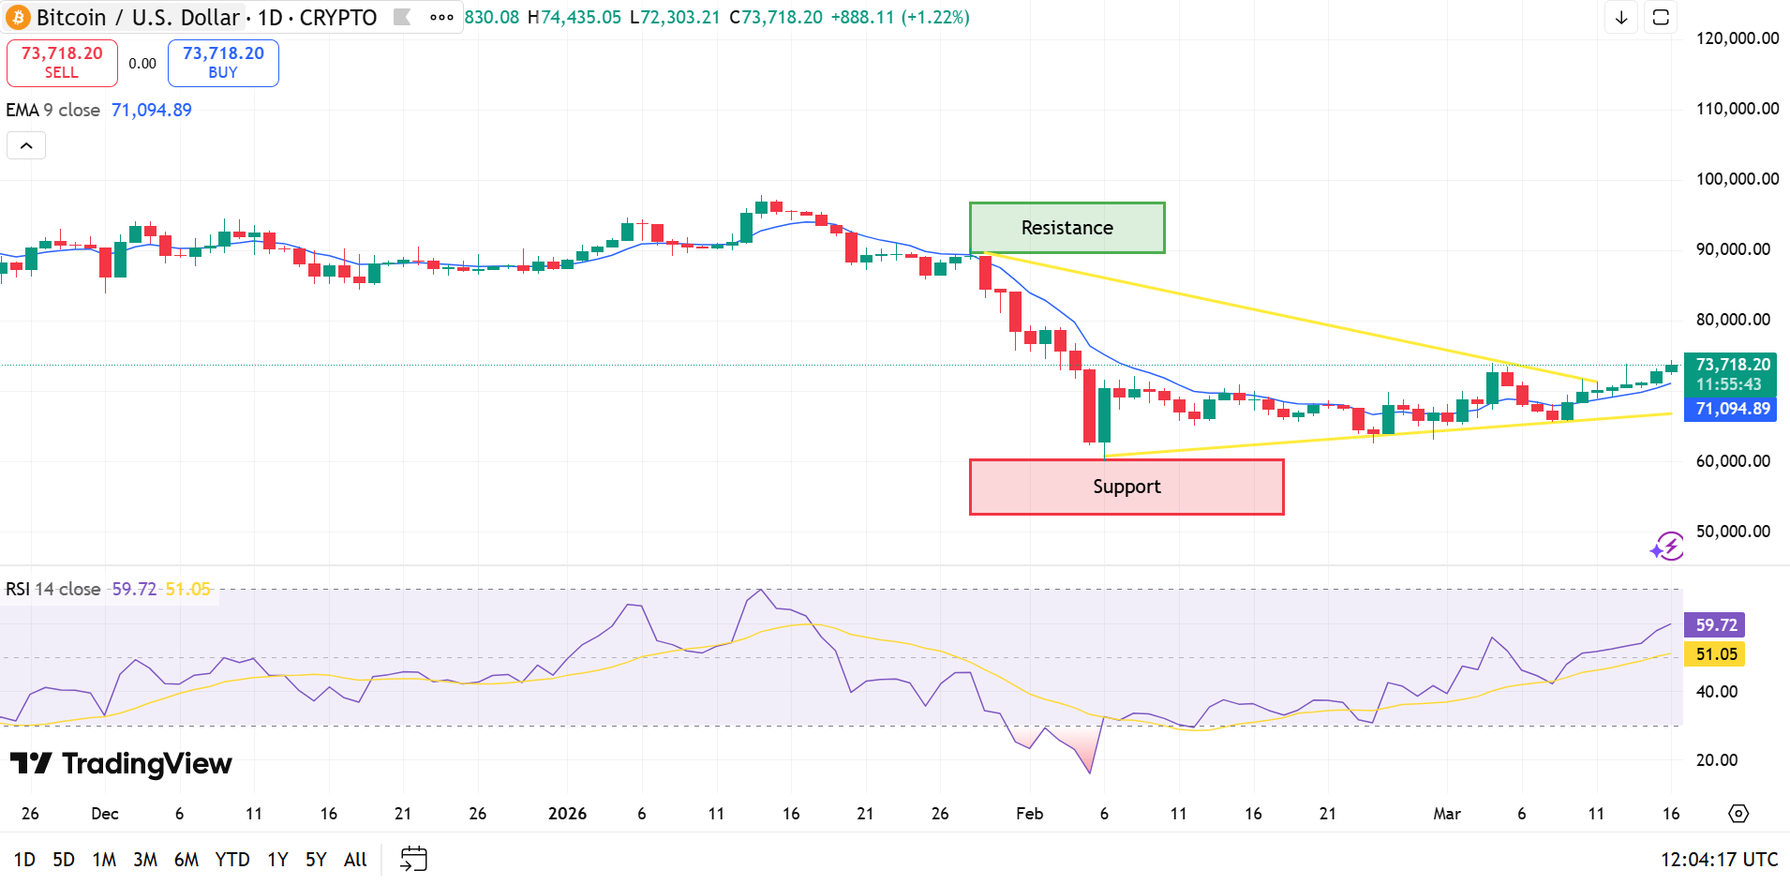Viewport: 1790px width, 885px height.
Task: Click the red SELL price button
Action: tap(62, 63)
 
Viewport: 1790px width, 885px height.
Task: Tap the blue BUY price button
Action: tap(223, 63)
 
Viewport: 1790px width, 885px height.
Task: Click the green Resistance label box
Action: tap(1067, 228)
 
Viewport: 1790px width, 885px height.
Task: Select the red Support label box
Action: tap(1126, 487)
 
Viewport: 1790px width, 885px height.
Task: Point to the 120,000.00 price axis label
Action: tap(1737, 38)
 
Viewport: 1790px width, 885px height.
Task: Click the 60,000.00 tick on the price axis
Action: tap(1733, 461)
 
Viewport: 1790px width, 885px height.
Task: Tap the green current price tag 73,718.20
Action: tap(1730, 374)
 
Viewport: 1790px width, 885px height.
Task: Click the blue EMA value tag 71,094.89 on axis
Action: tap(1730, 409)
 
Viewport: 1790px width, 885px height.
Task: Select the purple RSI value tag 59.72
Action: tap(1715, 625)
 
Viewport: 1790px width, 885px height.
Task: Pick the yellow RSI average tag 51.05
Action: tap(1715, 654)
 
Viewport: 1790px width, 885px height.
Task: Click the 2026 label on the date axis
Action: tap(567, 814)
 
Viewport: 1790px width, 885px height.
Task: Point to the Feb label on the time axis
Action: tap(1029, 814)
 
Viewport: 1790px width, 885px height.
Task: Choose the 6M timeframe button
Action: tap(186, 860)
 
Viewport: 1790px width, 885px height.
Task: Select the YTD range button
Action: tap(232, 860)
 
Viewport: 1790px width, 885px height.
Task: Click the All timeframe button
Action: tap(355, 860)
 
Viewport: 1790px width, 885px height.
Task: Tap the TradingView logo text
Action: tap(146, 764)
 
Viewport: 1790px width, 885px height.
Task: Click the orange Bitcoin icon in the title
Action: tap(18, 18)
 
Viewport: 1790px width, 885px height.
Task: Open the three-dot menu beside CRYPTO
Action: tap(441, 18)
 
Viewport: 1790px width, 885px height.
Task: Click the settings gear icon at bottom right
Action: tap(1738, 814)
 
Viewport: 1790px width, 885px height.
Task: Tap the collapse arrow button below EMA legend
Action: tap(26, 145)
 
